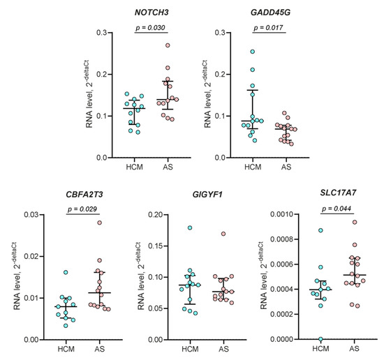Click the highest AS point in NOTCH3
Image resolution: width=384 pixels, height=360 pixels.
(167, 45)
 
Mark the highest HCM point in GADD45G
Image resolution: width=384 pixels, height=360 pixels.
(252, 52)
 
